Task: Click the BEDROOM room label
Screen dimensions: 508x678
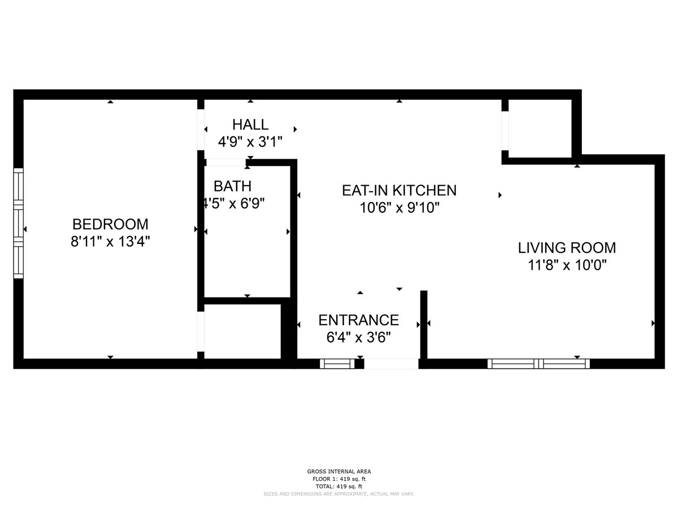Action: (110, 224)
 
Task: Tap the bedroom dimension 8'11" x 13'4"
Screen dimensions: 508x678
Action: (110, 242)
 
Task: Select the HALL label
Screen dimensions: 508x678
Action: (250, 124)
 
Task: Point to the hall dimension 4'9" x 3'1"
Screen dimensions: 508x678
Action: (250, 141)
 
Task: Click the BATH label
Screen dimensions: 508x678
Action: (232, 186)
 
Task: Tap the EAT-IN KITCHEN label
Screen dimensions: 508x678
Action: (399, 190)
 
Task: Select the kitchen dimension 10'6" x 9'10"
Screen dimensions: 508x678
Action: (399, 208)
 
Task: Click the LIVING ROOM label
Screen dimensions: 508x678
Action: (567, 247)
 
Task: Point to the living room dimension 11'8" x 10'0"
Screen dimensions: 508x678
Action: (567, 265)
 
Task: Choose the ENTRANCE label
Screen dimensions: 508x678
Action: (359, 320)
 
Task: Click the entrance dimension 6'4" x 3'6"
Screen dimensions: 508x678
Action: (359, 338)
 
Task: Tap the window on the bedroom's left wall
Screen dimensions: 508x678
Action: (19, 223)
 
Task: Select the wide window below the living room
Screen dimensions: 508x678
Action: (538, 364)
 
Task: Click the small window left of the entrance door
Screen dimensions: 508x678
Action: (337, 364)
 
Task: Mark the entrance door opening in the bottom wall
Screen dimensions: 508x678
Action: (391, 364)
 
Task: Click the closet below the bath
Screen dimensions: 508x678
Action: (242, 331)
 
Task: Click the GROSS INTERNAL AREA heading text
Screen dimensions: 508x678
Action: (339, 471)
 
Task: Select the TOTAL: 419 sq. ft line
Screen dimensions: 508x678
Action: (339, 486)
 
